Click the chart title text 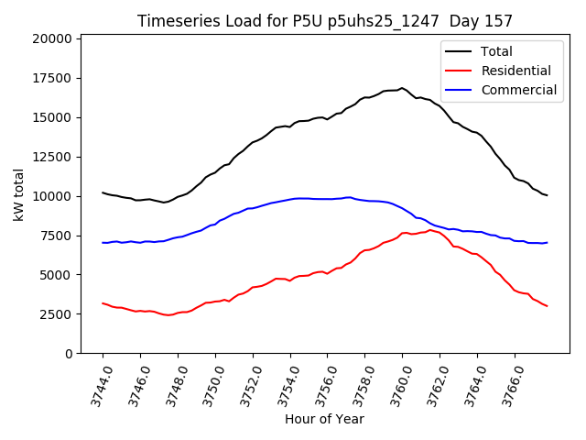point(325,20)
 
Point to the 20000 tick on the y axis point(51,38)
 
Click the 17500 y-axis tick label point(51,78)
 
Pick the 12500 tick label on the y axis point(51,157)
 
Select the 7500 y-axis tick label point(55,236)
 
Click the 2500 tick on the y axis point(55,314)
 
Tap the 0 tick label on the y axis point(69,354)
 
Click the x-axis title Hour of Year point(324,419)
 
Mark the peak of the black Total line point(401,88)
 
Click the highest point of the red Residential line point(429,230)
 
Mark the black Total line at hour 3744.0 point(103,192)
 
